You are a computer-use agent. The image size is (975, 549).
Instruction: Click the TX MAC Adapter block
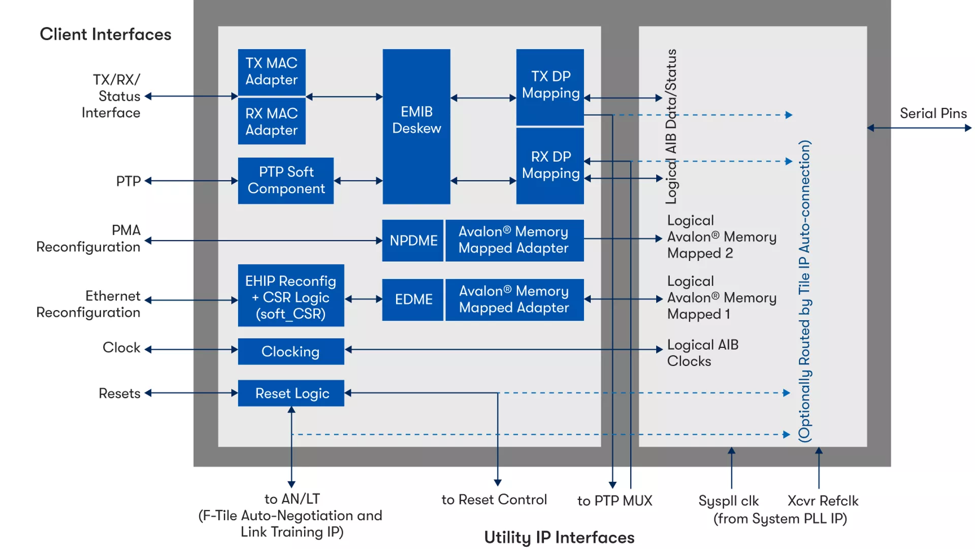pos(272,72)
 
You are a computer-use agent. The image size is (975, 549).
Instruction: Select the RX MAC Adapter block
pos(272,121)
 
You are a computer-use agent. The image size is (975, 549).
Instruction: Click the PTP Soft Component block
pos(286,180)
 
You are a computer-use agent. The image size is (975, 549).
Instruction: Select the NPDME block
pos(413,240)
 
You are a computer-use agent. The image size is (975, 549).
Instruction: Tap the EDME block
pos(413,299)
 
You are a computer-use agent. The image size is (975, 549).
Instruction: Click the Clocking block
pos(291,351)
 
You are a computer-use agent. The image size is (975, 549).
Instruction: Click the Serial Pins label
pos(933,113)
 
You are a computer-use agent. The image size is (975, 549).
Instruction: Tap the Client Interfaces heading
pos(106,35)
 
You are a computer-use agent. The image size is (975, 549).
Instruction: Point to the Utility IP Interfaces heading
pos(559,537)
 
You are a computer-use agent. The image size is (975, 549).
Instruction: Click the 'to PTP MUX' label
pos(614,501)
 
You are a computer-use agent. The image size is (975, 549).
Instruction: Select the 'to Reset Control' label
pos(494,500)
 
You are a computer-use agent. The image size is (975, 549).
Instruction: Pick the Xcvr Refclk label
pos(823,501)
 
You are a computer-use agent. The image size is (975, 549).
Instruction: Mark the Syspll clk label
pos(728,501)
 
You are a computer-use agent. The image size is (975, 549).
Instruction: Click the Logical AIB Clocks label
pos(702,353)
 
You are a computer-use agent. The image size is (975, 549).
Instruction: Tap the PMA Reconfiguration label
pos(89,238)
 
